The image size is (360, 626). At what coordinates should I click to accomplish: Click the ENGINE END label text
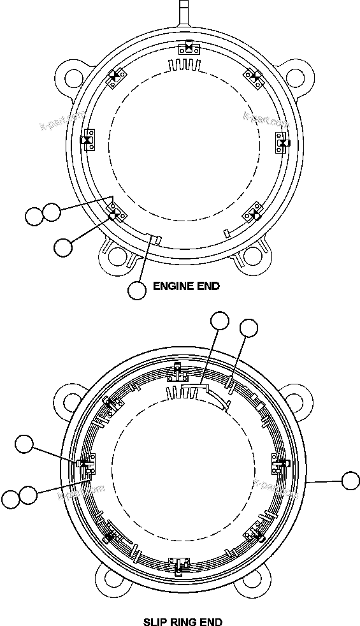(186, 286)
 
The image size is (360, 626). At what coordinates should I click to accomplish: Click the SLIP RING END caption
(183, 621)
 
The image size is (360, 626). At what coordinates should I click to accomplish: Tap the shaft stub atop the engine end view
(183, 13)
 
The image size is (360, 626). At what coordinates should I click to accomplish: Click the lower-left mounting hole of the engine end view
(117, 257)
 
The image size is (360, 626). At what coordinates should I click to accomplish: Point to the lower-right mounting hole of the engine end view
(250, 256)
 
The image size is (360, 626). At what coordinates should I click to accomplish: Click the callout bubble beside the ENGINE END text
(137, 290)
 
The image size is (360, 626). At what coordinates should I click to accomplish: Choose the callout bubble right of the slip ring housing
(350, 481)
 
